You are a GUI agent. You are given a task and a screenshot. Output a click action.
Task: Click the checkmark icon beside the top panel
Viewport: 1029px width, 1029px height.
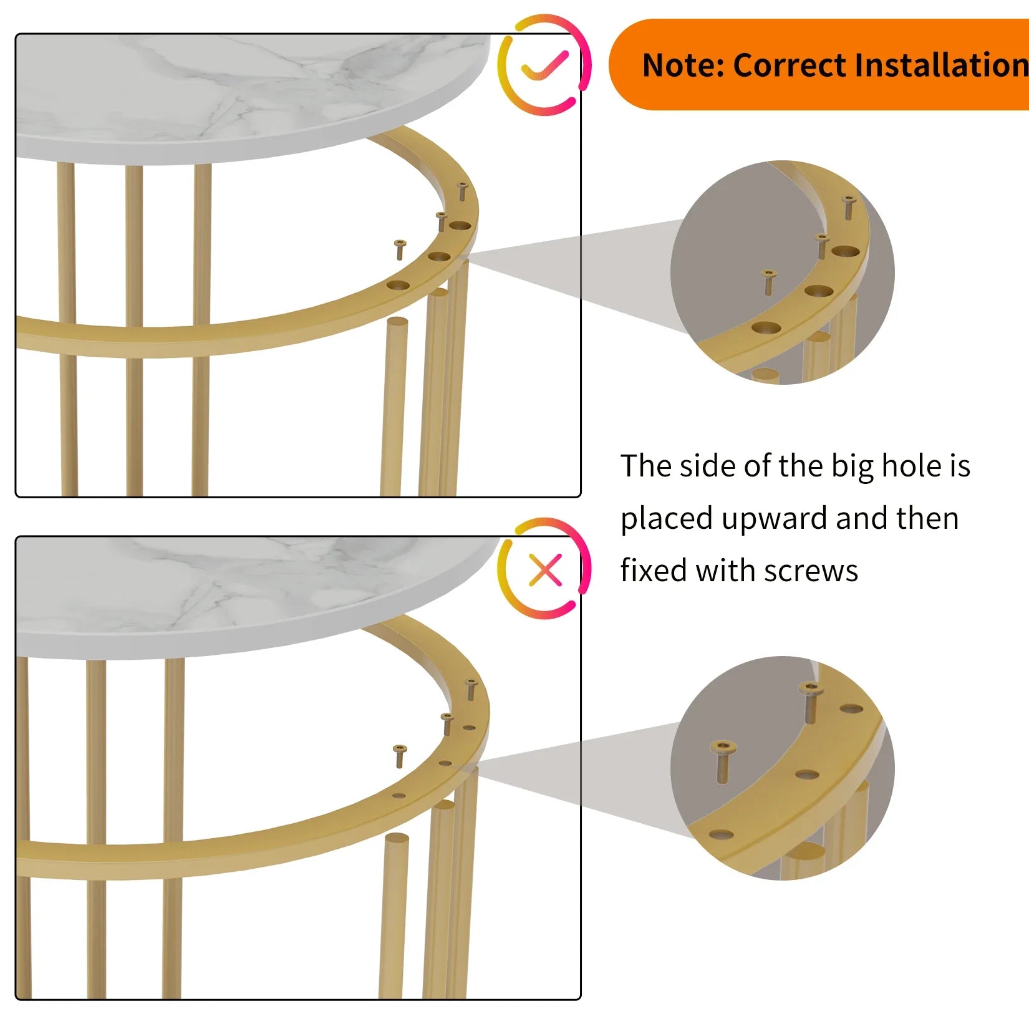[544, 65]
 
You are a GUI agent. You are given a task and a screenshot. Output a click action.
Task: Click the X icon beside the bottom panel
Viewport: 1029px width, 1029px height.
[545, 570]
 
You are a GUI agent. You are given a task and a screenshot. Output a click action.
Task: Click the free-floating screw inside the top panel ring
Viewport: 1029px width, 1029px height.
[400, 249]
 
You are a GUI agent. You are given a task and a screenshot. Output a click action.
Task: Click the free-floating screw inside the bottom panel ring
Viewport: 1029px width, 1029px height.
[400, 756]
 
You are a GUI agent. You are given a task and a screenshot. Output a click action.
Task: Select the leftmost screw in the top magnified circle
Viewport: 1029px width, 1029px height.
[768, 283]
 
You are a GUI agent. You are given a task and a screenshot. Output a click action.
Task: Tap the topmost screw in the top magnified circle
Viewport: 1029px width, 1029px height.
[848, 208]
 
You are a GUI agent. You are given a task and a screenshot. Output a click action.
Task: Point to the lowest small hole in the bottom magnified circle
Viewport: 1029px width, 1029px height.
[721, 834]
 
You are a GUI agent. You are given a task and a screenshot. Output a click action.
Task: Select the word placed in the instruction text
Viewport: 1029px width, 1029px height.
[667, 519]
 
